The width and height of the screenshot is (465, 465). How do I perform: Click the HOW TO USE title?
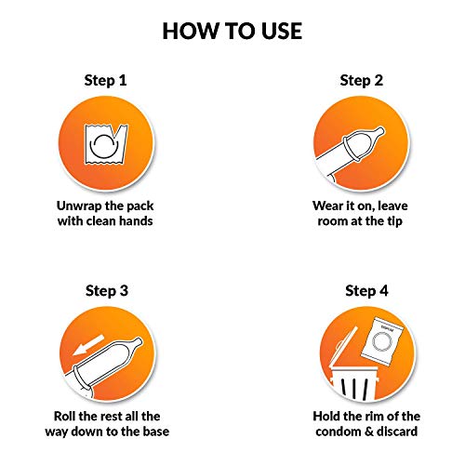point(232,31)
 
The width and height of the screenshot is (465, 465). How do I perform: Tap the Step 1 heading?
point(106,80)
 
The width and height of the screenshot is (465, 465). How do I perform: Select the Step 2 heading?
point(362,80)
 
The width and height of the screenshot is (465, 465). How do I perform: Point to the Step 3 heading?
point(107,290)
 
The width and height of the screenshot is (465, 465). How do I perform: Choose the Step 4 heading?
point(366,290)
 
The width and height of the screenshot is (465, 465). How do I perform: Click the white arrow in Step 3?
point(88,345)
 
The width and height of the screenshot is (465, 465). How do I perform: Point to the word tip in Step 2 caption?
point(394,221)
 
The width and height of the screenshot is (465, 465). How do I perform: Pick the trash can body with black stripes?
point(354,384)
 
